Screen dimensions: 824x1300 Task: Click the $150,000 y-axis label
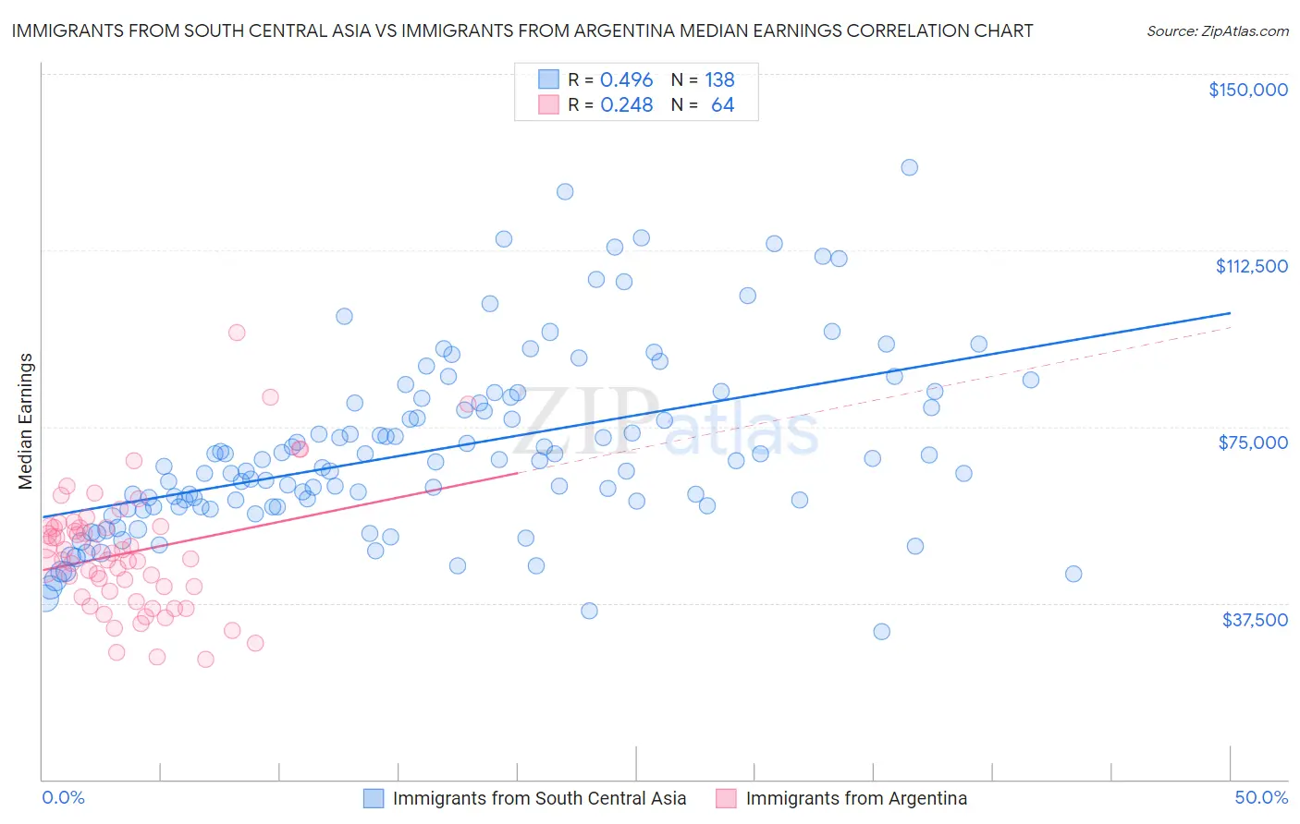1247,90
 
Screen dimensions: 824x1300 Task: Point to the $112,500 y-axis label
1251,266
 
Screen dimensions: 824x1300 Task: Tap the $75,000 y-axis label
1253,442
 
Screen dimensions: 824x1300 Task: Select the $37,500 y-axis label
1255,620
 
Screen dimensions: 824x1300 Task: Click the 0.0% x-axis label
63,797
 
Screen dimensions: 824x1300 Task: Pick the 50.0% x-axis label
1261,797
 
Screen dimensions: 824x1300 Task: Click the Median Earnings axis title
25,420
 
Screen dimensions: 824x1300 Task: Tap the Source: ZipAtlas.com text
1217,30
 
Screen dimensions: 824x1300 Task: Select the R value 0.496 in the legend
626,79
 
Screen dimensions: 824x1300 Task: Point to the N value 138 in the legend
719,79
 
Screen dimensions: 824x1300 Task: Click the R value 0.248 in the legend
626,105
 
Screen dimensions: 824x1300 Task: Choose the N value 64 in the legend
722,105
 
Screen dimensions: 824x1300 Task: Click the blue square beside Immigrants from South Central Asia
373,798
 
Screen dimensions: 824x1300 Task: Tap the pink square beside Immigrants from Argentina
726,798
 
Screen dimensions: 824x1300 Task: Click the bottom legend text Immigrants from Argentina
856,798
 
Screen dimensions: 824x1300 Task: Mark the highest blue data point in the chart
909,167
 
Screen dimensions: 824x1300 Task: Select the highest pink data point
237,333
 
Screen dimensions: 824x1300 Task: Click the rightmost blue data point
1073,574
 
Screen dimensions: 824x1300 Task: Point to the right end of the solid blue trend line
1230,313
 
